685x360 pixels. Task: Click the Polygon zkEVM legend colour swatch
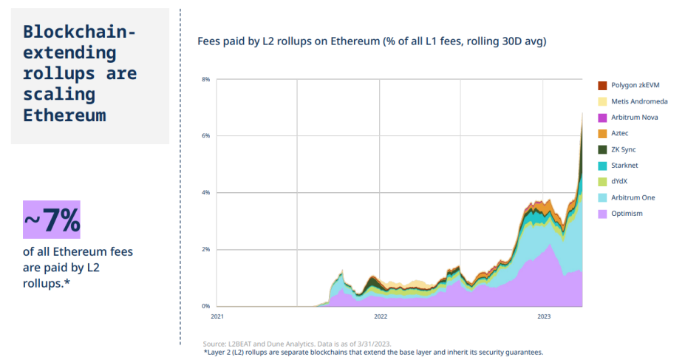[602, 86]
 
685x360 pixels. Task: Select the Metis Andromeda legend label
[639, 101]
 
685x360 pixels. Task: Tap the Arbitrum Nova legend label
[634, 117]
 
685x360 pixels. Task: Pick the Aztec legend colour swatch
[602, 134]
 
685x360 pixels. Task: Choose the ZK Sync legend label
[624, 149]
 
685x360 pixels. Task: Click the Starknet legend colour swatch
[602, 166]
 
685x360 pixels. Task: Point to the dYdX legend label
[619, 181]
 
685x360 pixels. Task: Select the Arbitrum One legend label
[633, 197]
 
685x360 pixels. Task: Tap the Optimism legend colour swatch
[602, 214]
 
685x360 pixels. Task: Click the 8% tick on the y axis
[205, 80]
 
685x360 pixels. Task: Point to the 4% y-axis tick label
[205, 193]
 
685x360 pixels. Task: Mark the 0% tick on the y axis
[205, 306]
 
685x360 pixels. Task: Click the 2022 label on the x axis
[381, 316]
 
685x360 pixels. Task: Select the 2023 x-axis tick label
[544, 316]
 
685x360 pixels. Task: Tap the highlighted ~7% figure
[52, 220]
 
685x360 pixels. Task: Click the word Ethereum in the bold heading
[64, 115]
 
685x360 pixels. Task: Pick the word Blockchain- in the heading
[80, 32]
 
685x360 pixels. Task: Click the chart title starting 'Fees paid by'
[372, 41]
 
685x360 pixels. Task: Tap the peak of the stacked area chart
[582, 113]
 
